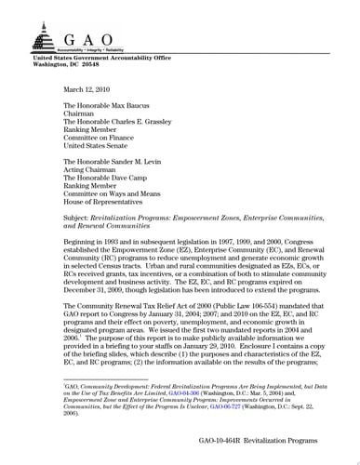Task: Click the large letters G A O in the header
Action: click(x=87, y=38)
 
